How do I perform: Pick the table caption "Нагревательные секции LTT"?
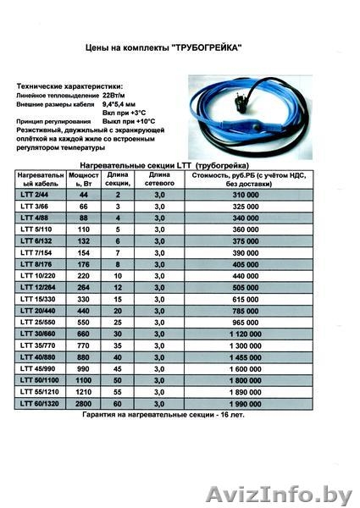[x=136, y=162]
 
